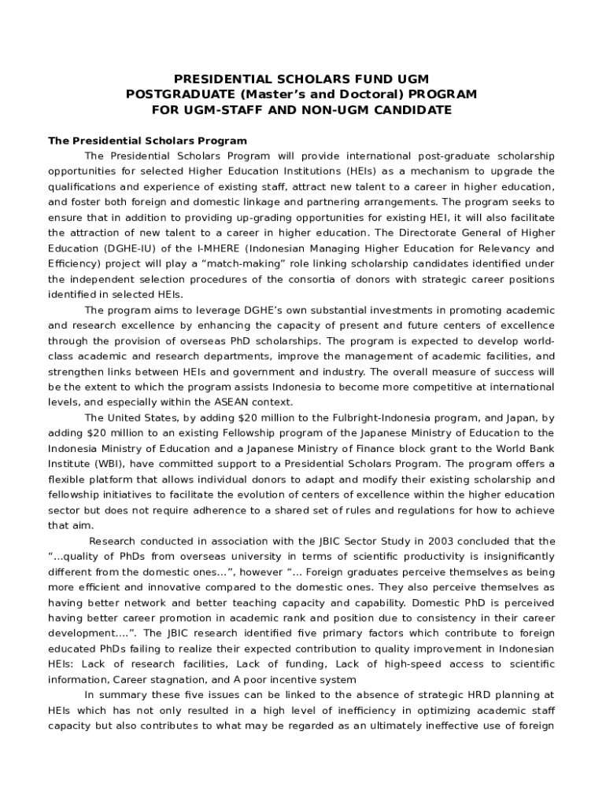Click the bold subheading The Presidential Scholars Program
click(147, 141)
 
